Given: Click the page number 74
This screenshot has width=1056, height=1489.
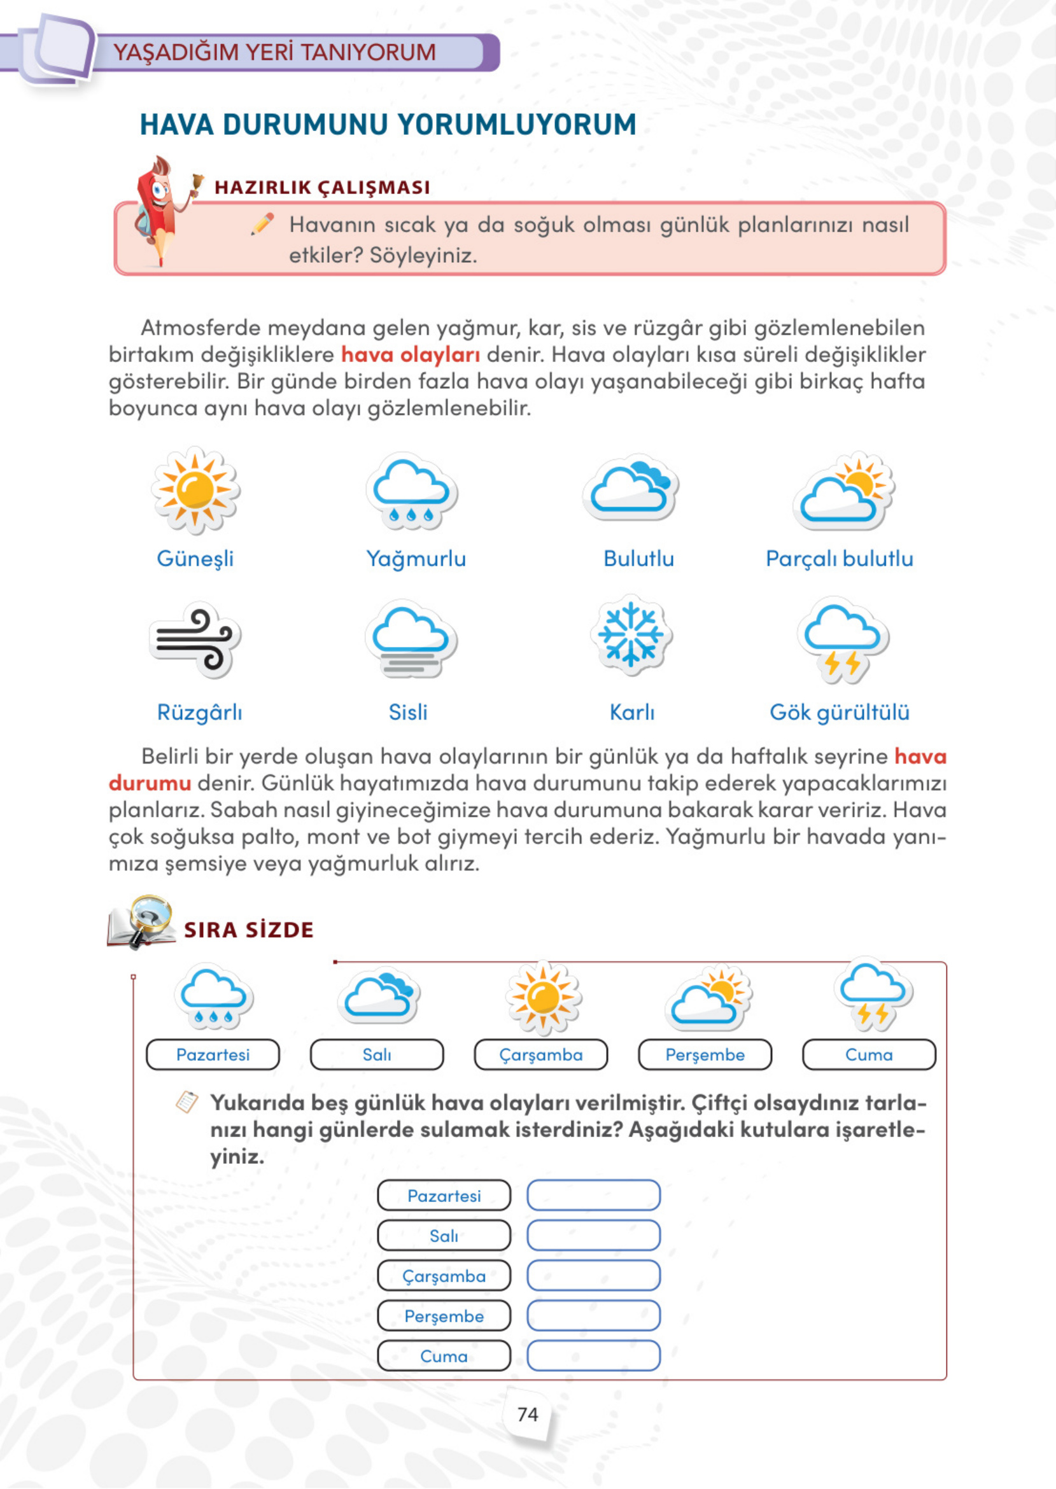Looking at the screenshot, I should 527,1415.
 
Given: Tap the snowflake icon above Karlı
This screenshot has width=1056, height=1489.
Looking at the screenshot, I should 631,634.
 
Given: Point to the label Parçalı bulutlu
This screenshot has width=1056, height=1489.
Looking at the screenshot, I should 839,558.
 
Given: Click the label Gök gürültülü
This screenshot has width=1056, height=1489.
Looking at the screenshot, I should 839,712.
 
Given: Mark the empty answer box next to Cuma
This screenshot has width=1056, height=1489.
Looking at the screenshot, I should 593,1356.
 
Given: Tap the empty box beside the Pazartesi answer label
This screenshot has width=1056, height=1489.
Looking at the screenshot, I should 593,1195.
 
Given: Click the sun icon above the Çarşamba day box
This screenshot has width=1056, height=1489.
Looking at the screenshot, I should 543,997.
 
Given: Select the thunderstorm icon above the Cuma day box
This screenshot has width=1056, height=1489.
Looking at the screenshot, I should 873,995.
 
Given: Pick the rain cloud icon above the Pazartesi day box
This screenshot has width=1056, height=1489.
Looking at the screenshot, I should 213,997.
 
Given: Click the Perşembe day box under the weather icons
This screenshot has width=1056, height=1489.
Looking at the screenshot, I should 705,1054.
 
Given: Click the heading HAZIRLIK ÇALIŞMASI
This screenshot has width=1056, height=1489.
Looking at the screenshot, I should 322,187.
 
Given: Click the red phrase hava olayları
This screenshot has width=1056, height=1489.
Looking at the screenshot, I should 411,354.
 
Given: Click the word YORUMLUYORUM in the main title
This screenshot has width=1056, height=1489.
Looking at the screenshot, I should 517,124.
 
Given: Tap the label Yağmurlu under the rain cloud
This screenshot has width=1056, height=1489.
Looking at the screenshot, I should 416,558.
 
